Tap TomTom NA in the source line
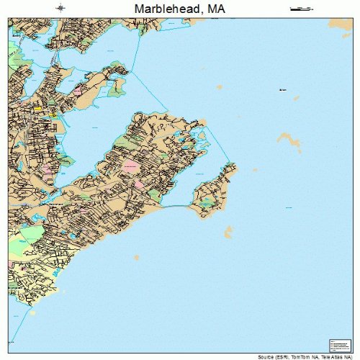click(x=302, y=356)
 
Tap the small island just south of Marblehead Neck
click(x=229, y=232)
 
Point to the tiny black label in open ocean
click(x=282, y=90)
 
